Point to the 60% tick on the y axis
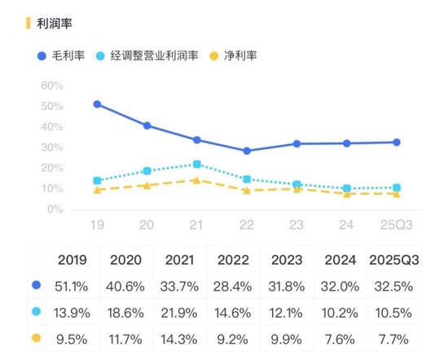(x=51, y=86)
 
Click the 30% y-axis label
(x=51, y=147)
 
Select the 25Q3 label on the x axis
(x=396, y=224)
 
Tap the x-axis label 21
(x=197, y=224)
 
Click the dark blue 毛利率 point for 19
(x=98, y=104)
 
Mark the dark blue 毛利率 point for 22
(x=247, y=151)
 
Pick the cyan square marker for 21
(x=197, y=165)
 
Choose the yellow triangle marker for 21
(x=197, y=180)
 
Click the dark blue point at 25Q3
(x=396, y=142)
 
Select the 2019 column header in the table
(x=74, y=260)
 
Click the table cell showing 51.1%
(x=74, y=286)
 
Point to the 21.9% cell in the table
(x=182, y=311)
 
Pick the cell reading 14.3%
(x=182, y=336)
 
